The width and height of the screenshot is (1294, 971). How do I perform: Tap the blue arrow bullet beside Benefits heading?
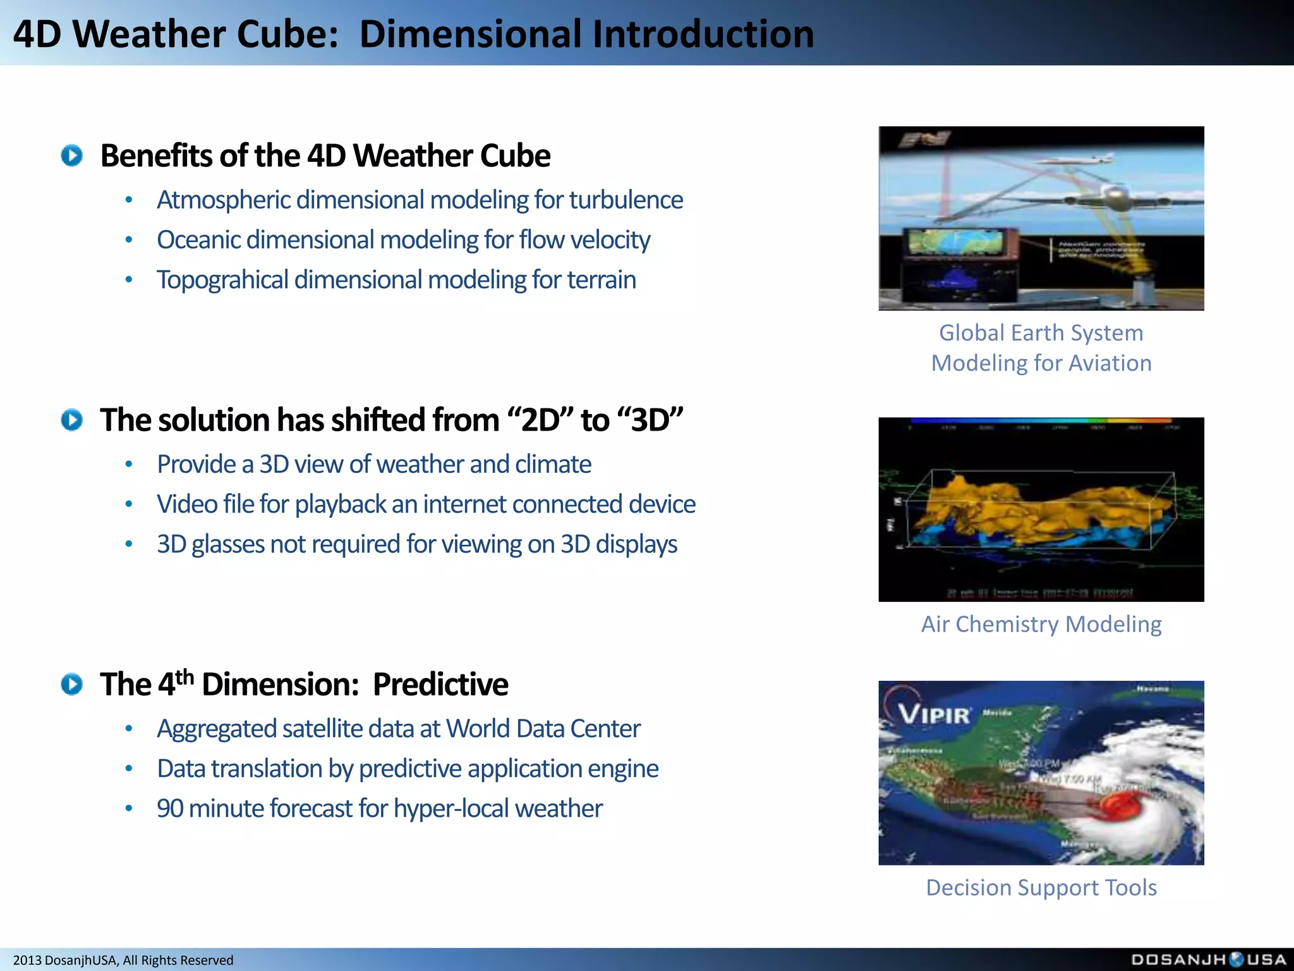[72, 156]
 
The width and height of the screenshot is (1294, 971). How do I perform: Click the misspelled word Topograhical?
[222, 280]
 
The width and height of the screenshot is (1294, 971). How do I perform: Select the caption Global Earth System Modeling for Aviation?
[1041, 348]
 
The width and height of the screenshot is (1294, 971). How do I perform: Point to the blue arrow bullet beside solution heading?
[72, 420]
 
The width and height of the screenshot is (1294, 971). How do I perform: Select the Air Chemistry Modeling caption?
[1041, 624]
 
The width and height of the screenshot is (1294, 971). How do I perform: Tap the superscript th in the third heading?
[184, 676]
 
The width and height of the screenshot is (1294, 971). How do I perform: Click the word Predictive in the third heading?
[440, 685]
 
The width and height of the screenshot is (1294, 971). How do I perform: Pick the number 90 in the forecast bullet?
[169, 809]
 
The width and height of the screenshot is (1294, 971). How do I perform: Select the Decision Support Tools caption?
[1041, 888]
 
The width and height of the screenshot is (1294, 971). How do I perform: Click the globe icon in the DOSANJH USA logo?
[1237, 960]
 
